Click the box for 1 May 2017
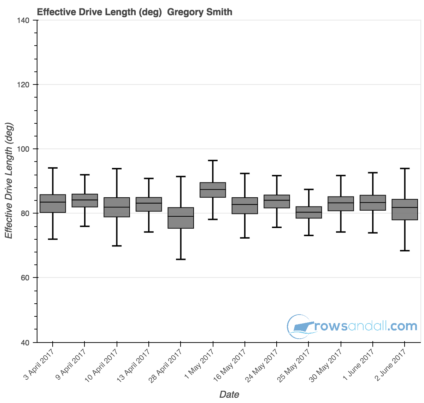213,190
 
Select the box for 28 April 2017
181,218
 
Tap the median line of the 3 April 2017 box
53,202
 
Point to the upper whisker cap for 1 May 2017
213,160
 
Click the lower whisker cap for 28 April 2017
181,259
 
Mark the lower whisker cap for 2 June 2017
405,251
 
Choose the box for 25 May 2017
309,212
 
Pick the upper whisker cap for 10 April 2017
117,169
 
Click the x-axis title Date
229,395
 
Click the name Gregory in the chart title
183,12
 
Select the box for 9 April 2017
85,200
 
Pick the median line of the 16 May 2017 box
245,204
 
